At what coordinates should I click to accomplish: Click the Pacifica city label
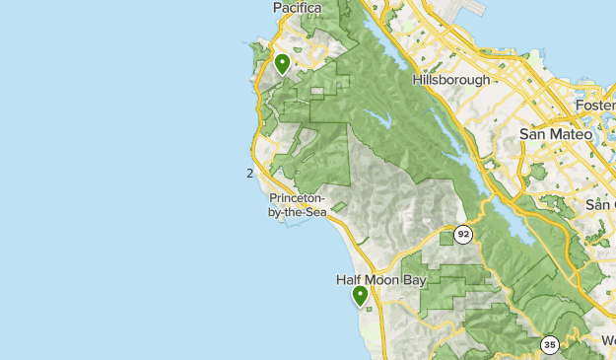coord(297,8)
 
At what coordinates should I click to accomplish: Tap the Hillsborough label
coord(451,80)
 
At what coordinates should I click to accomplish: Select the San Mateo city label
coord(556,133)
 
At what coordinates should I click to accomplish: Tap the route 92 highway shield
coord(463,235)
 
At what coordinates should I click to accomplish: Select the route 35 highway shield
coord(549,344)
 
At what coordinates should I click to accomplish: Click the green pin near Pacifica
coord(282,65)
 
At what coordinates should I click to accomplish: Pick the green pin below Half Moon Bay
coord(361,296)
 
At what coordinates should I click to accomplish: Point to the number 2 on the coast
coord(250,174)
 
